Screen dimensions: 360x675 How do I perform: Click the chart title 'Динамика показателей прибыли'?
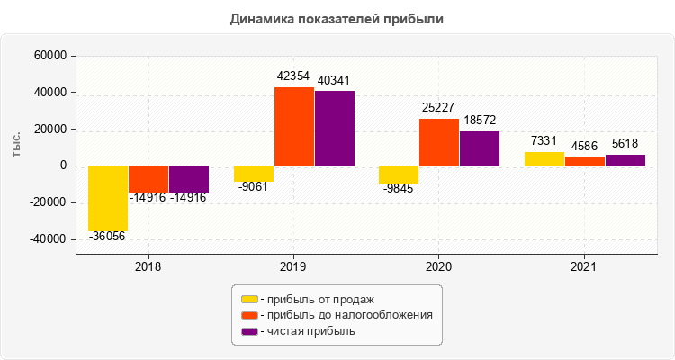(x=337, y=18)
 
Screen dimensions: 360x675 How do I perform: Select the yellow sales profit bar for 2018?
(x=108, y=198)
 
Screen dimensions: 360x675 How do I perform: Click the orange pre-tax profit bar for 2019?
(x=294, y=126)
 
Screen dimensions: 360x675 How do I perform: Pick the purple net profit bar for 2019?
(x=335, y=128)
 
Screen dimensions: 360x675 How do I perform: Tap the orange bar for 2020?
(x=439, y=142)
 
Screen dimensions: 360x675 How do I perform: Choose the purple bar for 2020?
(x=480, y=148)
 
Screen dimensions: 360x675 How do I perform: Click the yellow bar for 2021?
(x=544, y=158)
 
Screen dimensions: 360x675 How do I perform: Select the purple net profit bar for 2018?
(x=189, y=179)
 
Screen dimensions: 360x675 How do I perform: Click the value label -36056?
(x=108, y=236)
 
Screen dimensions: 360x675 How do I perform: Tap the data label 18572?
(x=480, y=120)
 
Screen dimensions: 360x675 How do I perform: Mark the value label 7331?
(x=544, y=141)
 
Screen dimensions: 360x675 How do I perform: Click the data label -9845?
(x=399, y=188)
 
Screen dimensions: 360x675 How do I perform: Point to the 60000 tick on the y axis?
(x=50, y=56)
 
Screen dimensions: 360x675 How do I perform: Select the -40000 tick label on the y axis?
(x=49, y=239)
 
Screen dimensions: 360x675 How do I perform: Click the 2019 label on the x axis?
(x=293, y=266)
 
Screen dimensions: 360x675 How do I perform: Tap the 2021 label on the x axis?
(x=584, y=266)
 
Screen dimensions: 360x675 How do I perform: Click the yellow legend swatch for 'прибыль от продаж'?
(x=250, y=298)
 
